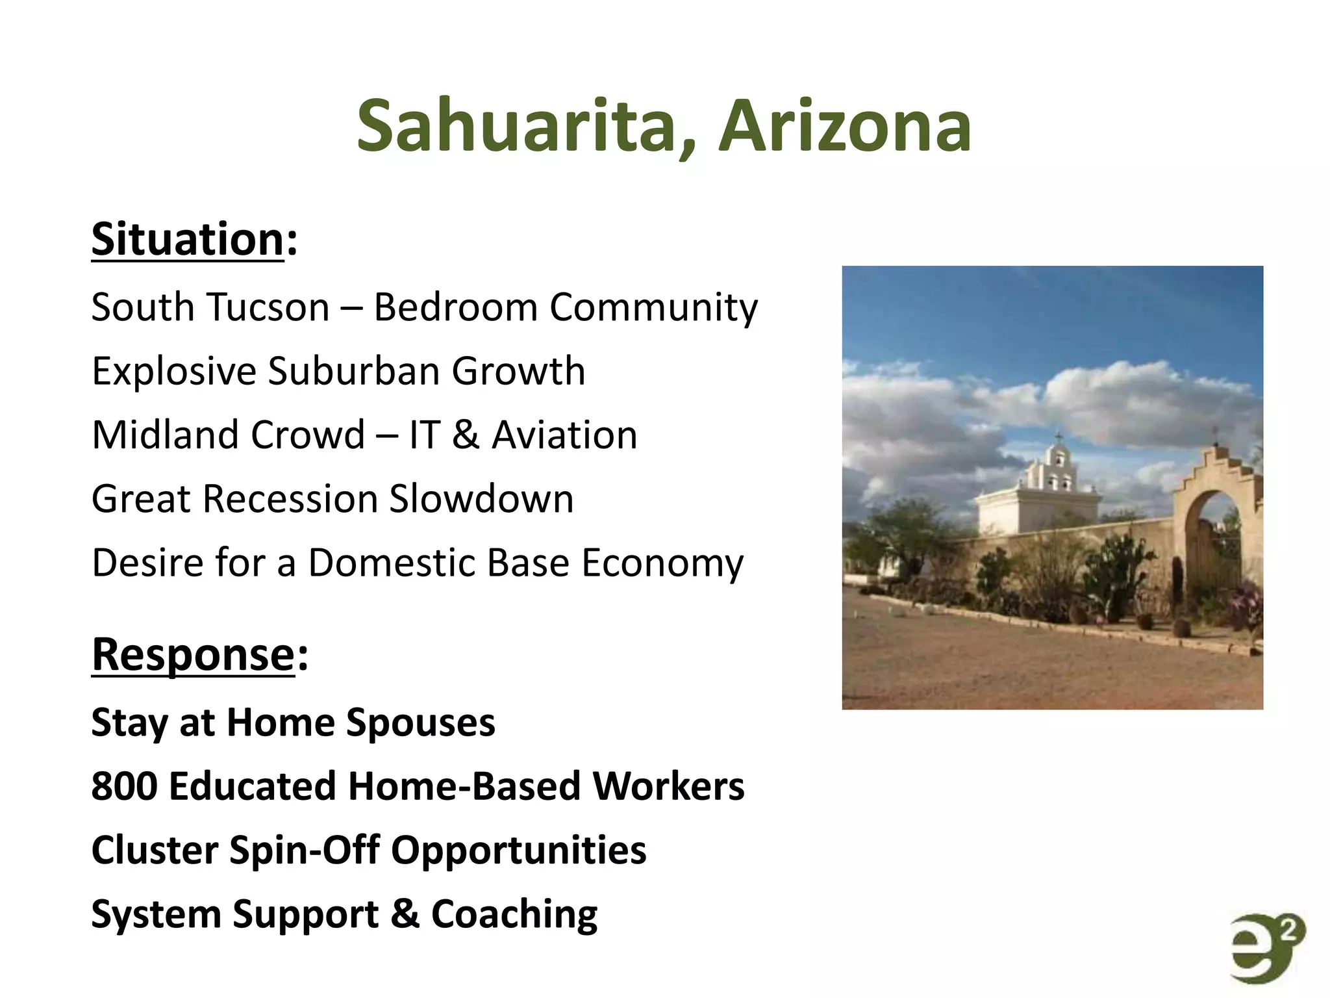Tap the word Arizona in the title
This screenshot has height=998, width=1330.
coord(844,125)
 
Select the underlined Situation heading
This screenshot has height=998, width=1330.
coord(188,239)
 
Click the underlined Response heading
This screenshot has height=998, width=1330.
coord(194,654)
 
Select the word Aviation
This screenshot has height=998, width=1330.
coord(564,435)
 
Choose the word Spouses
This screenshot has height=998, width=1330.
coord(420,723)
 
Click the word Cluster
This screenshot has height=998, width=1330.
coord(155,850)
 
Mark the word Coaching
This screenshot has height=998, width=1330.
coord(514,914)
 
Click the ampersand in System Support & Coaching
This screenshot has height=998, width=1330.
coord(405,914)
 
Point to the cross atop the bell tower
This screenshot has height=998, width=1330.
coord(1059,437)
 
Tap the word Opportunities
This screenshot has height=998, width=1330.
coord(518,850)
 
